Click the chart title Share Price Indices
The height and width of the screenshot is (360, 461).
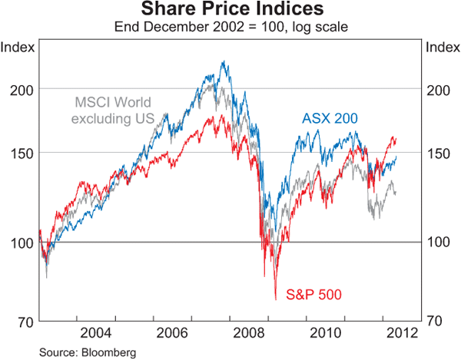tap(230, 10)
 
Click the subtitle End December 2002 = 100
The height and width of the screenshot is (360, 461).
tap(230, 27)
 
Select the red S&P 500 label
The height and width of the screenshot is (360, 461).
tap(313, 294)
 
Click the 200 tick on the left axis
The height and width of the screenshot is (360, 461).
tap(23, 89)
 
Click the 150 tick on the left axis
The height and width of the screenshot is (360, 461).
tap(23, 153)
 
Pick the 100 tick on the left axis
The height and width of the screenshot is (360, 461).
tap(23, 243)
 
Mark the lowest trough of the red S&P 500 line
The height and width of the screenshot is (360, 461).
tap(275, 298)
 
